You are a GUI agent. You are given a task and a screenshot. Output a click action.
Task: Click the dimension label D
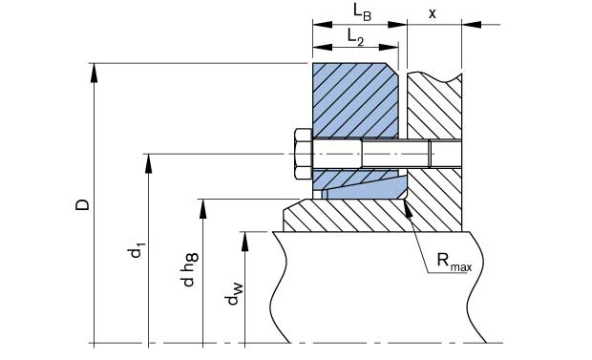point(82,204)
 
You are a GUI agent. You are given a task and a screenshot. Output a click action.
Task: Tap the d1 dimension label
point(137,252)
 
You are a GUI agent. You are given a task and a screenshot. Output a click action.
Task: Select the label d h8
point(190,269)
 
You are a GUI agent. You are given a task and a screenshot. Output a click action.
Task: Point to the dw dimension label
point(233,294)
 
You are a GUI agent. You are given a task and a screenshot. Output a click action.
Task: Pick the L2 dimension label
point(355,37)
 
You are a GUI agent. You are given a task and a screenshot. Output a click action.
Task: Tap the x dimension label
point(433,14)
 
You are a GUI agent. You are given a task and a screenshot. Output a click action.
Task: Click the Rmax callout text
point(455,261)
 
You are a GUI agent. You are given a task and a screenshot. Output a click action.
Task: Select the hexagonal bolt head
point(304,154)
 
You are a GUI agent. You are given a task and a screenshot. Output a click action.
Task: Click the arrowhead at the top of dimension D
point(94,73)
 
